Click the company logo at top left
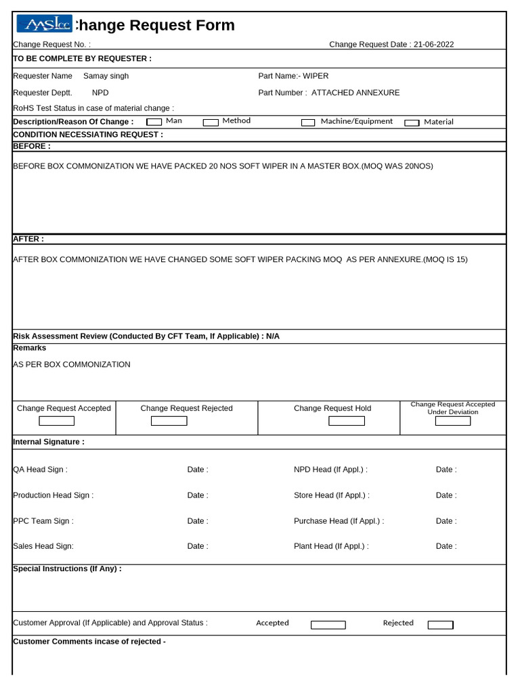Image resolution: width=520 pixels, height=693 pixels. [x=43, y=24]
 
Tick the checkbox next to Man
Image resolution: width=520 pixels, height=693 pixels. [x=154, y=122]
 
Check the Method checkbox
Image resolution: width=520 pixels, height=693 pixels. [x=211, y=122]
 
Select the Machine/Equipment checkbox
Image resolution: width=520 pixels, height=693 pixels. [x=308, y=122]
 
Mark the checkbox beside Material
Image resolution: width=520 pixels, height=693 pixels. [x=412, y=123]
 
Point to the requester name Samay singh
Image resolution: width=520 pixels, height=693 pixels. [x=106, y=76]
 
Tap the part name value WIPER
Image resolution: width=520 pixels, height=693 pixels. [x=316, y=76]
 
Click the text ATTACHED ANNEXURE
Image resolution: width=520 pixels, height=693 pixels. [x=355, y=93]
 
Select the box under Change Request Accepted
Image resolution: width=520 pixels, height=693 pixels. [x=56, y=421]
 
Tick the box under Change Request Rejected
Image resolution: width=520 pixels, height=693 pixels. [x=169, y=421]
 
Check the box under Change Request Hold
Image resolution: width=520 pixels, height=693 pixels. [x=346, y=421]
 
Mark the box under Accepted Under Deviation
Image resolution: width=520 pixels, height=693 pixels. [x=452, y=421]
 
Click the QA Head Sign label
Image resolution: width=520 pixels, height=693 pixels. [x=41, y=470]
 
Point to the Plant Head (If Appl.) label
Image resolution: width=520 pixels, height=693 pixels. [x=331, y=546]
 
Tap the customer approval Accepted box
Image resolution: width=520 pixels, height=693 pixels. [x=328, y=625]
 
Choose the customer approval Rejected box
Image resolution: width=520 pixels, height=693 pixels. [x=440, y=625]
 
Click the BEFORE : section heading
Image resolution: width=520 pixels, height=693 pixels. [x=32, y=146]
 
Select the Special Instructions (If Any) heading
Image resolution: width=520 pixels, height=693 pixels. [x=67, y=569]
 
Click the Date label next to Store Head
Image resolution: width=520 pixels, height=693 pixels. [x=446, y=495]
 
